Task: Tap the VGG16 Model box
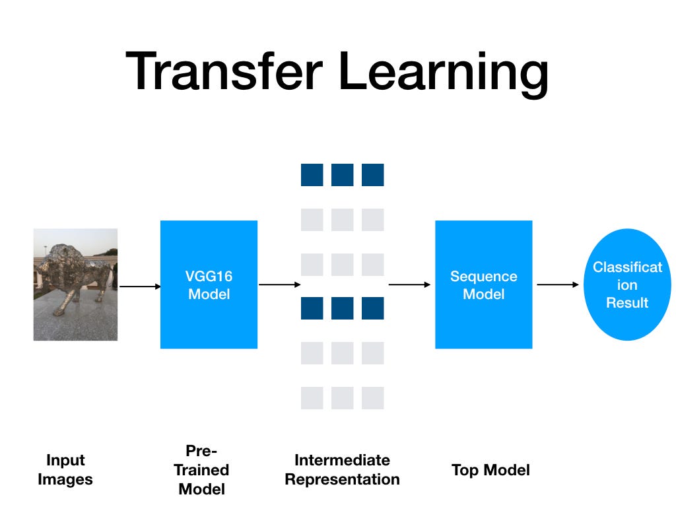[x=209, y=285]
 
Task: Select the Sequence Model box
[x=483, y=285]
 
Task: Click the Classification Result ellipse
[x=627, y=285]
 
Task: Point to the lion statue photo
[x=75, y=285]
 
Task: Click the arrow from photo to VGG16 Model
[x=139, y=286]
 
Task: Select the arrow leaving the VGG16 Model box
[x=279, y=285]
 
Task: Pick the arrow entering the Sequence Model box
[x=409, y=285]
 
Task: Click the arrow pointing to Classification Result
[x=557, y=285]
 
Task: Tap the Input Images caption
[x=65, y=470]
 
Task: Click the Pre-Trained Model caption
[x=201, y=470]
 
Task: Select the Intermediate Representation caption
[x=342, y=470]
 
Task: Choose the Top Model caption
[x=490, y=470]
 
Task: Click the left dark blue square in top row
[x=312, y=175]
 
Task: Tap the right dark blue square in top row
[x=372, y=175]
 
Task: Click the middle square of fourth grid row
[x=342, y=308]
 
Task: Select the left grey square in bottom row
[x=312, y=398]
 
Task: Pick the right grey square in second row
[x=372, y=220]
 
